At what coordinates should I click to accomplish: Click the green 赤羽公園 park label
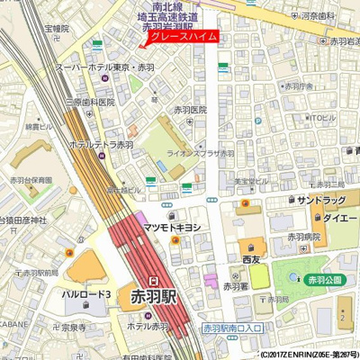(325, 281)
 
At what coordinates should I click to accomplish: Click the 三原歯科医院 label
(89, 102)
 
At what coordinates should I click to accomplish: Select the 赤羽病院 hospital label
(303, 237)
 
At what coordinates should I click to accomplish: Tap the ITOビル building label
(322, 118)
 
